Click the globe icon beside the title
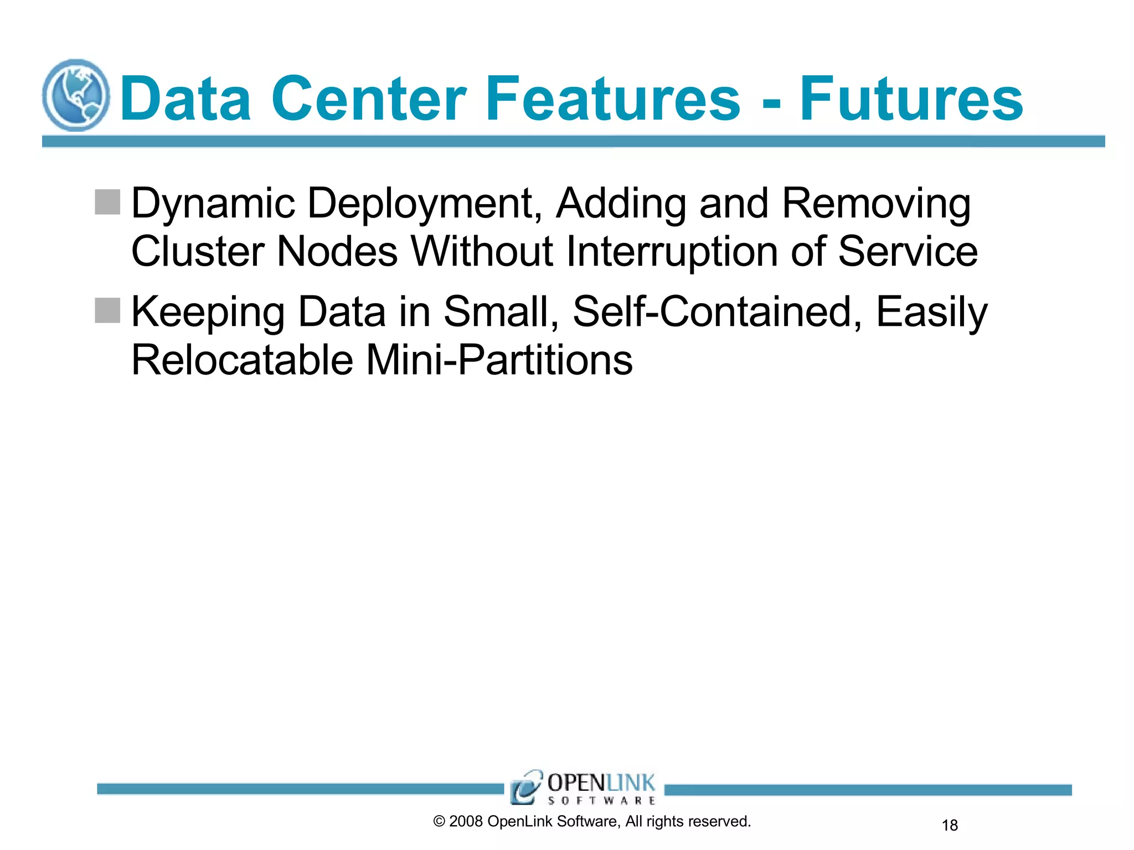[x=76, y=95]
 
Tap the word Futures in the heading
[x=911, y=100]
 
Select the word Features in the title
[x=612, y=100]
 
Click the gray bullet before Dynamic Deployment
[x=107, y=202]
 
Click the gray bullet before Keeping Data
[x=107, y=310]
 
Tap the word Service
[x=908, y=252]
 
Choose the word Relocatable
[x=242, y=360]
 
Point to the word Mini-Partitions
[x=499, y=360]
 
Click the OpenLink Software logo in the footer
[x=583, y=787]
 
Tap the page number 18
[x=950, y=826]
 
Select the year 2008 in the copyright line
[x=466, y=822]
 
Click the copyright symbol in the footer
[x=439, y=822]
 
